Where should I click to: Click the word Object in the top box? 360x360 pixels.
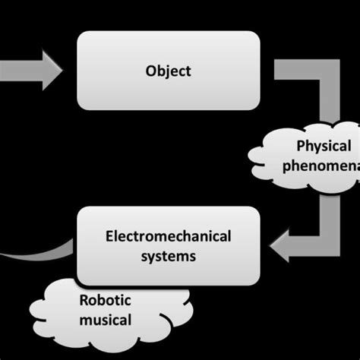[169, 71]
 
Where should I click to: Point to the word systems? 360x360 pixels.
[169, 256]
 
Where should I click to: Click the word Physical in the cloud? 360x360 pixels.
[324, 146]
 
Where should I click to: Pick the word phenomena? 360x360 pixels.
[319, 166]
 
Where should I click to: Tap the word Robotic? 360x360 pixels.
[100, 299]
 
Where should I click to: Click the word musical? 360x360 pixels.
[105, 320]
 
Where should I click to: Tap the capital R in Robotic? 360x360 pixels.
[84, 299]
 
